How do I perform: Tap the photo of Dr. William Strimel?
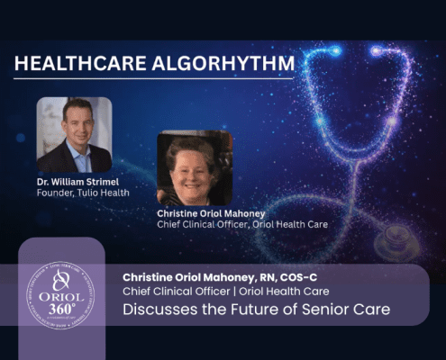[74, 134]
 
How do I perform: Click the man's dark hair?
[76, 106]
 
